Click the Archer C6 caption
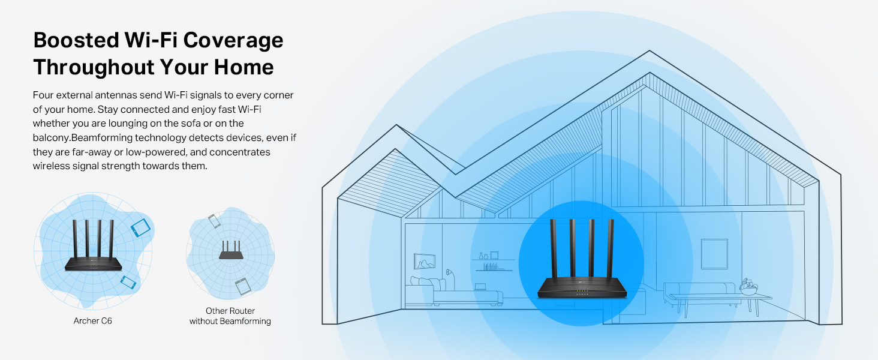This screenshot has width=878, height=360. pos(93,321)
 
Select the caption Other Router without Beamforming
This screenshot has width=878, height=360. pos(230,316)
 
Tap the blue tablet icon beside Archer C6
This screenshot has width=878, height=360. pos(139,227)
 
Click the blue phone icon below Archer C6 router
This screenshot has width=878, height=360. pos(128,281)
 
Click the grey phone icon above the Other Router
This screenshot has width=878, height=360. pos(214,221)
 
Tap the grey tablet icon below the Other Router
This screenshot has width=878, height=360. pos(242,286)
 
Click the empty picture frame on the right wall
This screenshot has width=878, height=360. pos(714,254)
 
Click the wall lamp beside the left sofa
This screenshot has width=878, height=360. pos(450,276)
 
